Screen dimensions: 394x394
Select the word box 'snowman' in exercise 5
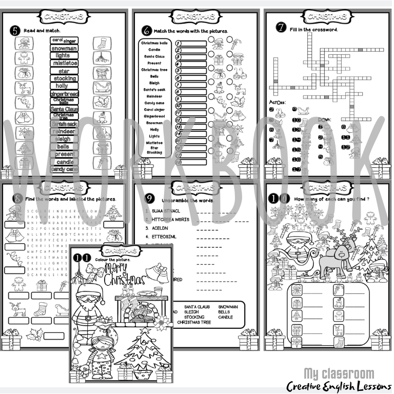coord(64,48)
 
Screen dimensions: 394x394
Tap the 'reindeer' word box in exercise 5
coord(64,131)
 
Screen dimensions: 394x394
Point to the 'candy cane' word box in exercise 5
coord(65,169)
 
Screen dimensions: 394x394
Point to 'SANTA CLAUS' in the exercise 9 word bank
coord(198,307)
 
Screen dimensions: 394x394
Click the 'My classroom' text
coord(339,373)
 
